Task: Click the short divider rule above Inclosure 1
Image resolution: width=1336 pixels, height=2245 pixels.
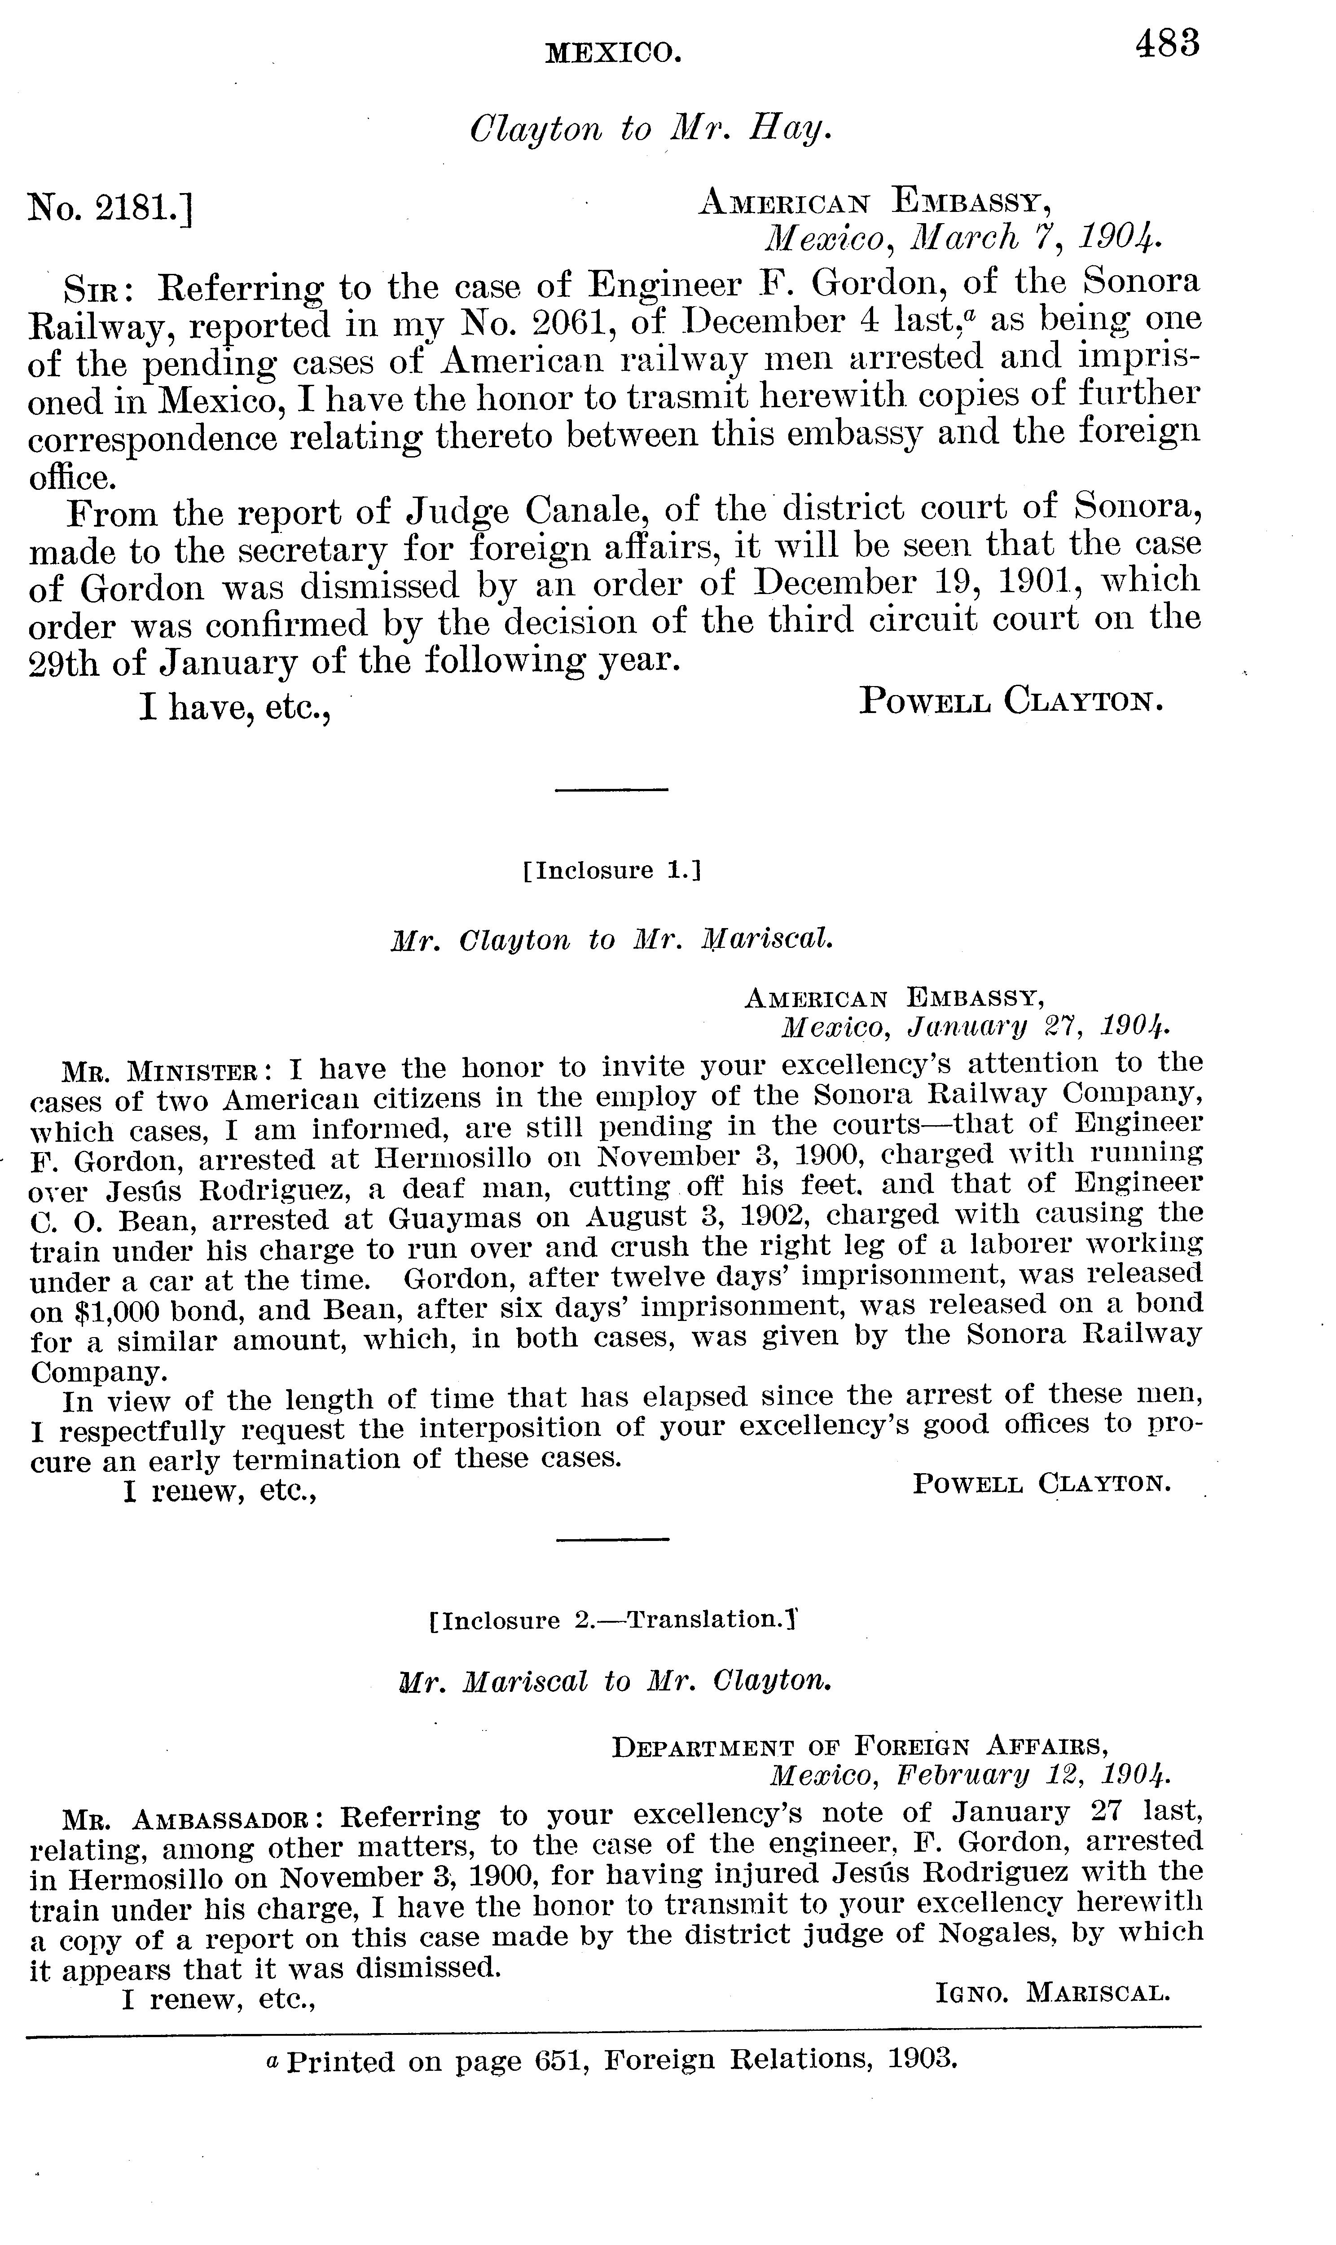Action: [611, 790]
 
